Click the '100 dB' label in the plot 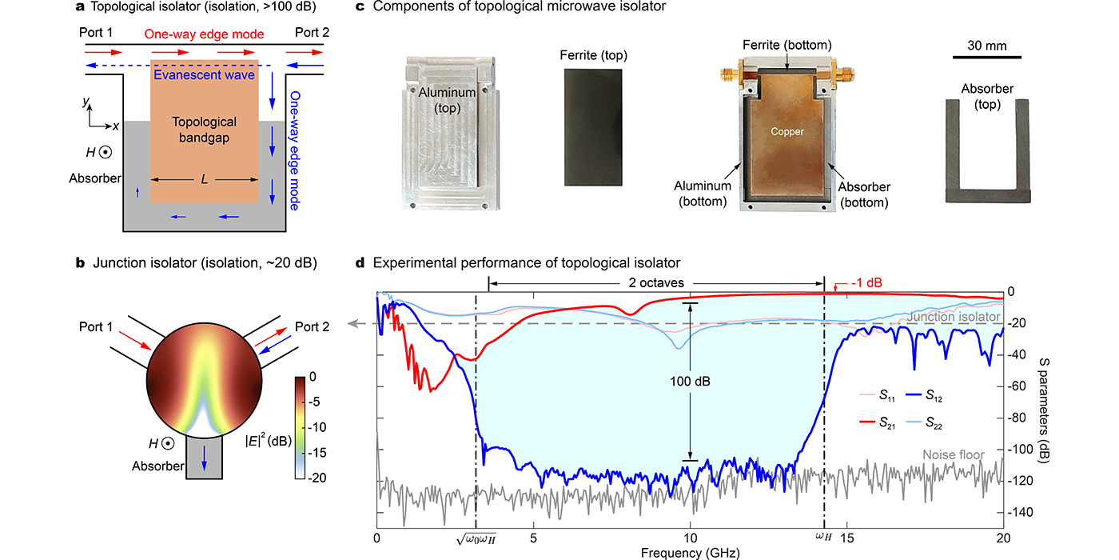[x=691, y=382]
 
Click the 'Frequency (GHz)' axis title [x=690, y=551]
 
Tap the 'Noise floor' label [x=953, y=454]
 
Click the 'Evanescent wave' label [x=204, y=75]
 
